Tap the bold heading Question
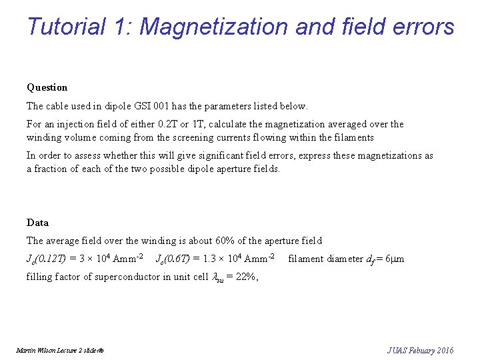point(47,87)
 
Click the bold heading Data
point(37,223)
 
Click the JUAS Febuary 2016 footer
point(420,350)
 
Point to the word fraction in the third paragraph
point(53,169)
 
